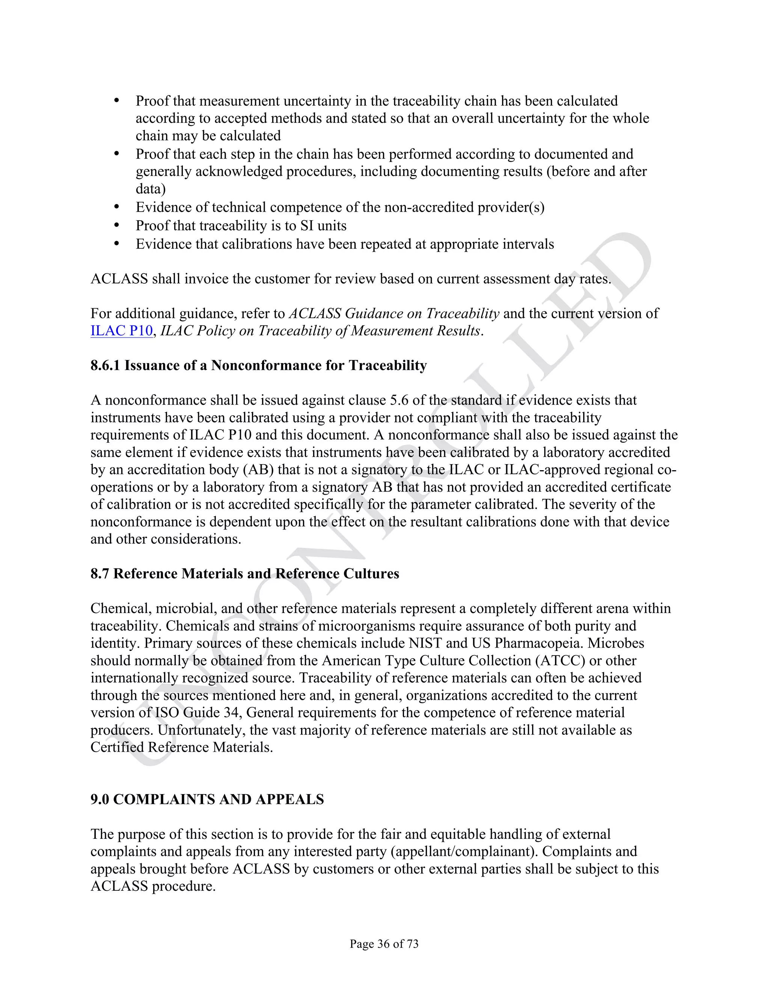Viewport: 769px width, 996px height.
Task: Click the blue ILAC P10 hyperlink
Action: coord(121,331)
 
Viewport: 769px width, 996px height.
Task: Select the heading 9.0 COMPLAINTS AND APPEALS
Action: coord(207,799)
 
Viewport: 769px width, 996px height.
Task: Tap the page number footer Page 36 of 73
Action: coord(384,943)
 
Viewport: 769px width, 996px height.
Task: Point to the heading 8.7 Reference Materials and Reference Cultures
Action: coord(245,573)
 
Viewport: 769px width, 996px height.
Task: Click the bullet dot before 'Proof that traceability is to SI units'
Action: coord(117,225)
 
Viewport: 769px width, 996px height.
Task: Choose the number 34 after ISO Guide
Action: coord(231,712)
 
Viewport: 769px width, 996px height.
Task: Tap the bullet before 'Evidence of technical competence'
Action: coord(117,207)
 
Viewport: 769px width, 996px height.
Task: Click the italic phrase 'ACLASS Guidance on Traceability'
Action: coord(394,313)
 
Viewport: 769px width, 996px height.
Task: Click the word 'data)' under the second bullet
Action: coord(150,189)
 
